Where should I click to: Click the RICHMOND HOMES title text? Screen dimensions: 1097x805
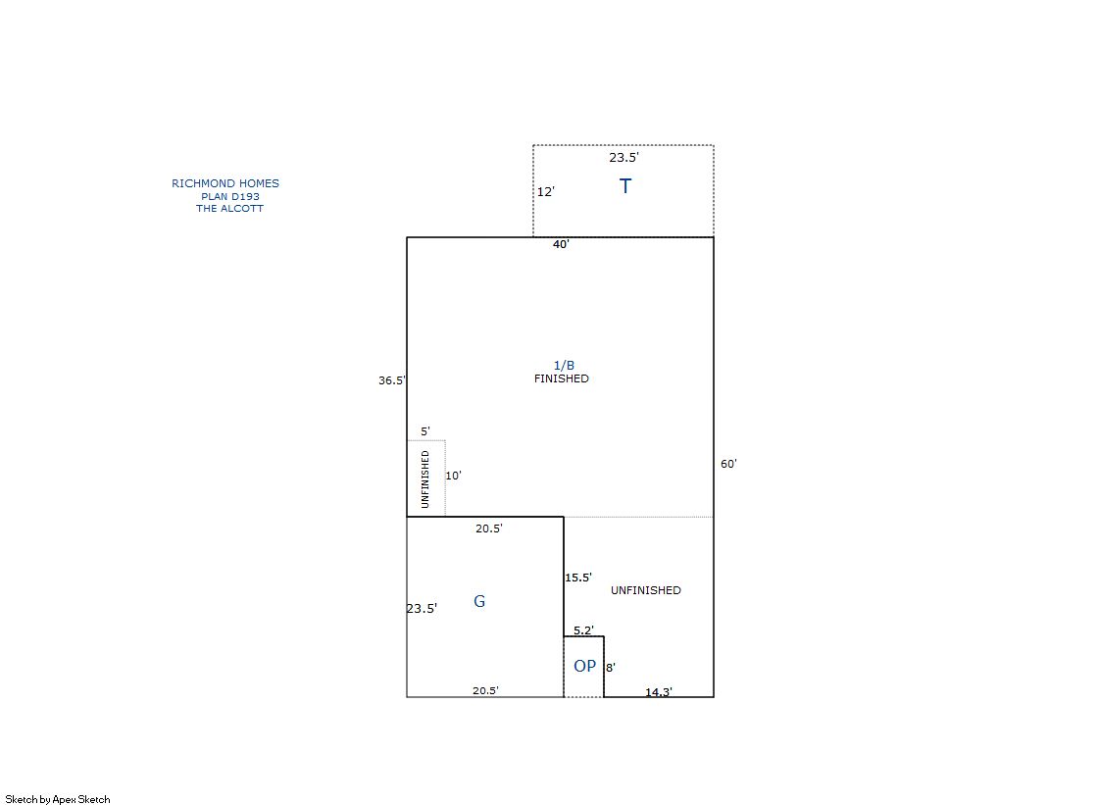(225, 183)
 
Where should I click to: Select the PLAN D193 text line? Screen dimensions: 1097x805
(230, 197)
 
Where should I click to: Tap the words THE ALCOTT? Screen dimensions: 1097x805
(229, 209)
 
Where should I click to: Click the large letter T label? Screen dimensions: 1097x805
(625, 186)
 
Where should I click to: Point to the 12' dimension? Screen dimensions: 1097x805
(546, 192)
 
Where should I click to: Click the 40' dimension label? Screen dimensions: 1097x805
(561, 244)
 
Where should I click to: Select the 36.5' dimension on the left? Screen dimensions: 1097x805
(392, 380)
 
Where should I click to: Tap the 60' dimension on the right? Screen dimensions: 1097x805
(728, 464)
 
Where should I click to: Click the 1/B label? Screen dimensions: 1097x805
(564, 366)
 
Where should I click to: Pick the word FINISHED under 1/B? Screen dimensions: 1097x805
(561, 378)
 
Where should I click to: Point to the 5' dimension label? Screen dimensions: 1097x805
(425, 431)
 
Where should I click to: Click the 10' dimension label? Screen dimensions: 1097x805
(453, 476)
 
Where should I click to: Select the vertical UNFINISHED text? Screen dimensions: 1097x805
(425, 479)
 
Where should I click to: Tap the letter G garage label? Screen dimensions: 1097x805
(479, 601)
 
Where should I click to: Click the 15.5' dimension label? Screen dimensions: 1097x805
(578, 578)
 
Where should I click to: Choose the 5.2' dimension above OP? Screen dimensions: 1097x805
(583, 630)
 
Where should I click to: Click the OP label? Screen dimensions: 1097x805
(585, 667)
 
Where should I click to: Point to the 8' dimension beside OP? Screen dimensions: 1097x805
(611, 668)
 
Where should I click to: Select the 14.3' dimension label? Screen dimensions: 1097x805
(659, 691)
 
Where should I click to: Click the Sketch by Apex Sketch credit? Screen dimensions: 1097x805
(58, 799)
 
